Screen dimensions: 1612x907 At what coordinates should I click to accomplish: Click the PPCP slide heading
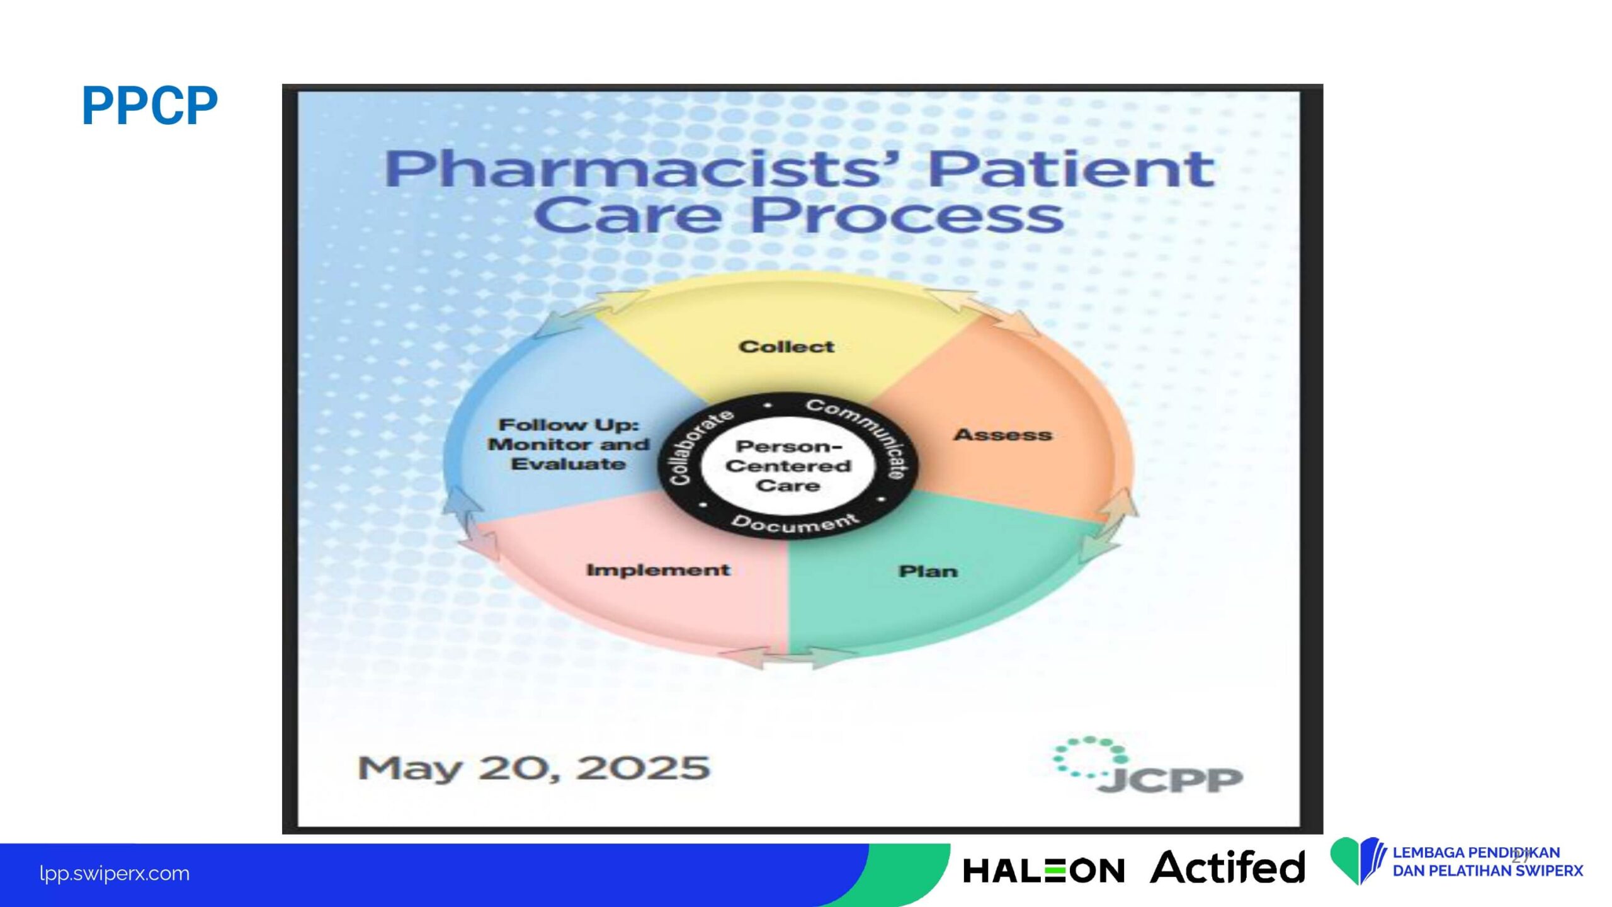click(x=150, y=106)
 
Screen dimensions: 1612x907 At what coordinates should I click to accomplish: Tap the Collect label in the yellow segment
click(x=786, y=346)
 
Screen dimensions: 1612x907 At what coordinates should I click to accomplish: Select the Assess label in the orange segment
click(x=1003, y=435)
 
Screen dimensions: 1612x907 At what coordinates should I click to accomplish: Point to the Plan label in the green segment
click(x=928, y=571)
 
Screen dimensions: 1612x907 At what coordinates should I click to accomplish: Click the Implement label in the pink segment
click(x=658, y=570)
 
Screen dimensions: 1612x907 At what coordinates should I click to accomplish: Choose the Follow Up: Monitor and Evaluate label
click(x=569, y=444)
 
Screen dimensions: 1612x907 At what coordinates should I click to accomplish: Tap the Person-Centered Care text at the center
click(x=788, y=466)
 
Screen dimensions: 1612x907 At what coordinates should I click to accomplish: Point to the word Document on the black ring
click(x=795, y=523)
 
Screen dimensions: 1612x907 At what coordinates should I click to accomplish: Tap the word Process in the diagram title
click(x=907, y=215)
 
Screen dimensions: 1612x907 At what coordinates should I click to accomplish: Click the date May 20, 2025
click(x=533, y=768)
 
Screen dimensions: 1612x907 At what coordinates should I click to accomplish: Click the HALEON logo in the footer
click(x=1043, y=871)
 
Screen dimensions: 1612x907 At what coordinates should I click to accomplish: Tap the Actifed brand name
click(x=1228, y=867)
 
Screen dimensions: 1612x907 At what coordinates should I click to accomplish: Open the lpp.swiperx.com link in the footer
click(x=114, y=874)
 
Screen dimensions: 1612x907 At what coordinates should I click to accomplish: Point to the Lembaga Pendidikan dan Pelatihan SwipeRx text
click(x=1487, y=862)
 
